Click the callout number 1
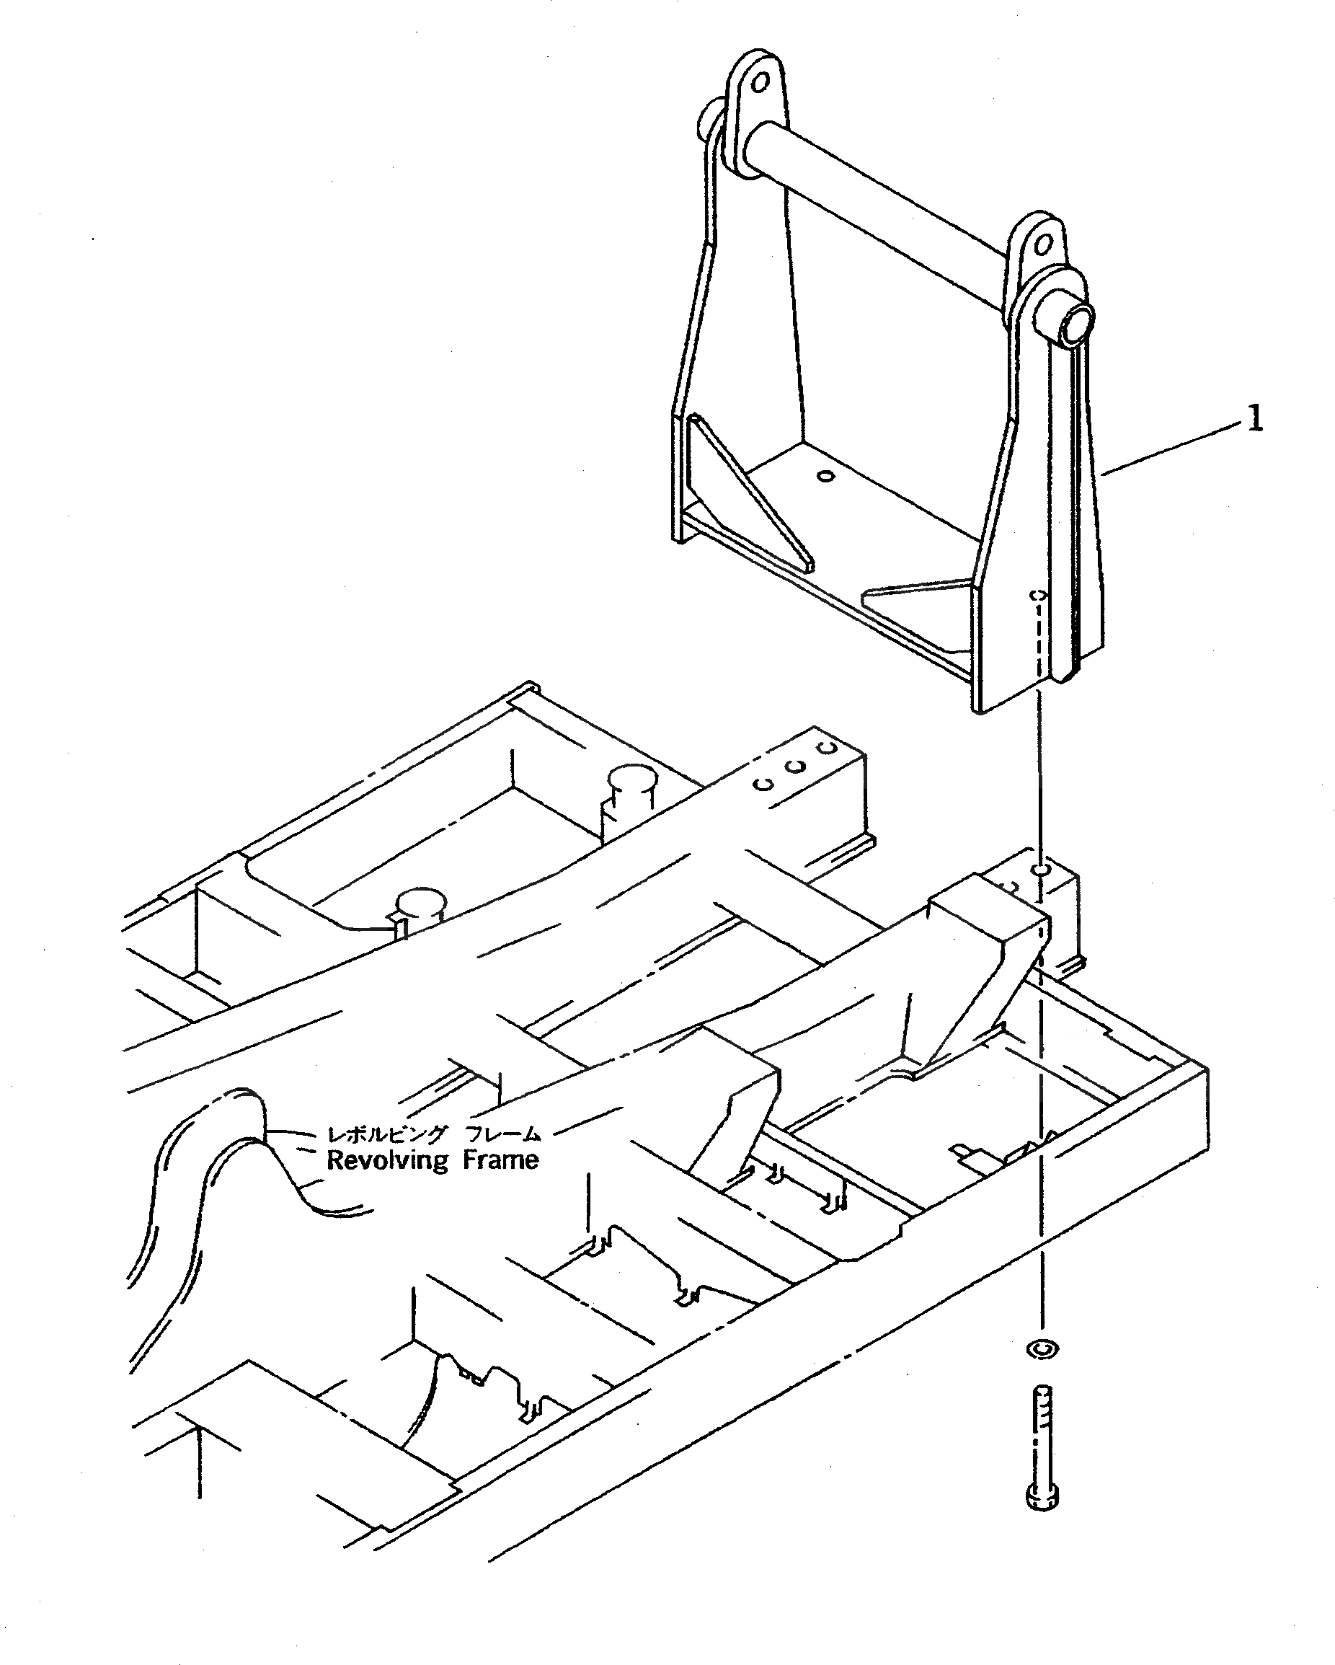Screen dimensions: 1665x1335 coord(1256,420)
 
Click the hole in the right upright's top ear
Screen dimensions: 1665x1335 coord(1044,246)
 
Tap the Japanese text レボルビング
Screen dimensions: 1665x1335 coord(387,1134)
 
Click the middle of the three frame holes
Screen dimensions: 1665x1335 coord(796,767)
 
